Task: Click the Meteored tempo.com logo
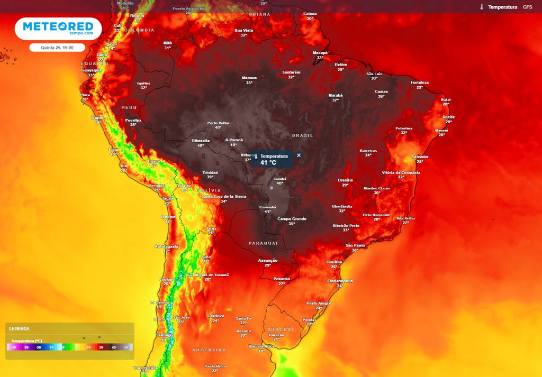coord(58,29)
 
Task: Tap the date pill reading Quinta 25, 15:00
coord(57,48)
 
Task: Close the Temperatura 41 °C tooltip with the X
coord(299,155)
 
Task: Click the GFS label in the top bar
coord(527,7)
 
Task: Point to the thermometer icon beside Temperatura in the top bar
coord(482,7)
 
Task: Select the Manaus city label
coord(249,78)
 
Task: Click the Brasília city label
coord(345,180)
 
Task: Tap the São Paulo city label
coord(355,245)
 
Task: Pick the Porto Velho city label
coord(218,123)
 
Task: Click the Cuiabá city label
coord(280,179)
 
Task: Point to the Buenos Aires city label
coord(260,346)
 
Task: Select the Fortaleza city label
coord(420,82)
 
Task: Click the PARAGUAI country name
coord(263,243)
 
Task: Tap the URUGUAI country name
coord(280,329)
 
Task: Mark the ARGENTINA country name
coord(209,350)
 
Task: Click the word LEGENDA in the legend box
coord(20,329)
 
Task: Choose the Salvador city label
coord(420,157)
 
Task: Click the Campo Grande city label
coord(292,218)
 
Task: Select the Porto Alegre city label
coord(319,303)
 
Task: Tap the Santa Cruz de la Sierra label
coord(224,196)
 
